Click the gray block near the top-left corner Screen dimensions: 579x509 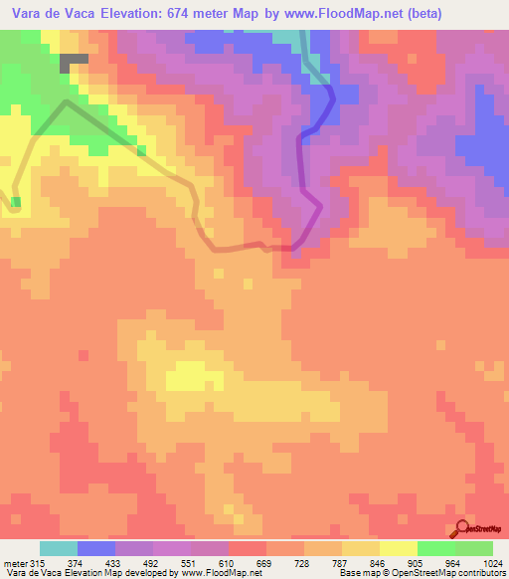click(74, 60)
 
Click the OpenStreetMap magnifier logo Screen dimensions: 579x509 click(462, 528)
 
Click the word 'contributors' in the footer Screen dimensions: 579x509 click(481, 573)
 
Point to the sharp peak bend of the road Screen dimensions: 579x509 click(66, 101)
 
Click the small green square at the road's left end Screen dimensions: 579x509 click(16, 202)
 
